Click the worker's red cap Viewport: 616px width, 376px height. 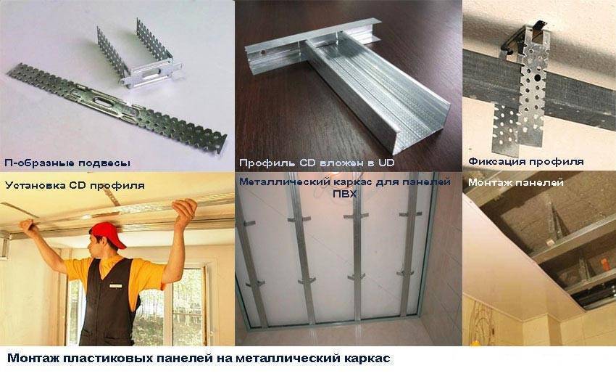click(106, 234)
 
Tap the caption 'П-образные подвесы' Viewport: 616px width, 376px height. click(67, 163)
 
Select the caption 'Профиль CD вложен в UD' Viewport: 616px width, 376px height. click(317, 163)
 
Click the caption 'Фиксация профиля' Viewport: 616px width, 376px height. click(526, 161)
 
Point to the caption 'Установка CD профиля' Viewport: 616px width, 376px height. click(75, 185)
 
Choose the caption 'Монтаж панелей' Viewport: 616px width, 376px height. click(516, 182)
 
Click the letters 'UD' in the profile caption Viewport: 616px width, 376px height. click(386, 163)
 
